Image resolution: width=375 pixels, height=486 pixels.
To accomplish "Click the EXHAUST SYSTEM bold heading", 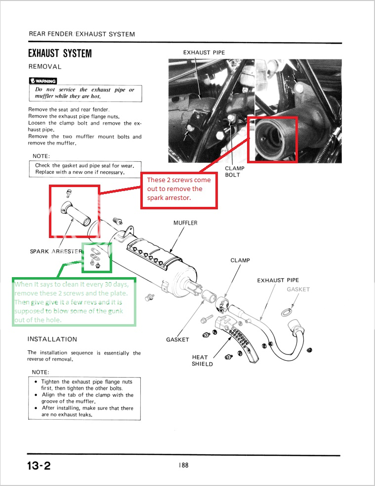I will [60, 53].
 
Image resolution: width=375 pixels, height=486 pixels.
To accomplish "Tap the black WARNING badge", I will [43, 81].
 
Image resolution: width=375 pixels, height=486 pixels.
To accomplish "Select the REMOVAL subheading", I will [45, 66].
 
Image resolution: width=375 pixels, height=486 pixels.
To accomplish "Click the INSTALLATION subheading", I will [52, 339].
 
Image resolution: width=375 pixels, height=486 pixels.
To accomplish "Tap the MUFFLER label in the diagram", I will [185, 223].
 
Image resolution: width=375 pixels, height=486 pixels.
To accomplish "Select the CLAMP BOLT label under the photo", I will [235, 171].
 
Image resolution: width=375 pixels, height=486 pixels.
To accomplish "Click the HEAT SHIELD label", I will [203, 360].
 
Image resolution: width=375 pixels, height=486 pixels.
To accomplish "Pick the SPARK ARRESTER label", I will [56, 251].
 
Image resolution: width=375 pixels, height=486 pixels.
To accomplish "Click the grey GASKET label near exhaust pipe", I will [298, 289].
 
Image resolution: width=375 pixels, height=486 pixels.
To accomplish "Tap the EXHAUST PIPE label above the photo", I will [204, 52].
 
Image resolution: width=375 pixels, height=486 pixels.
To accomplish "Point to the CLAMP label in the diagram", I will [240, 260].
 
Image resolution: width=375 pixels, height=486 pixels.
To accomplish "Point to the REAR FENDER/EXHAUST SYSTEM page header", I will [82, 34].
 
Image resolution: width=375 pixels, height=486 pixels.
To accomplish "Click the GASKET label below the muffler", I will [178, 340].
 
